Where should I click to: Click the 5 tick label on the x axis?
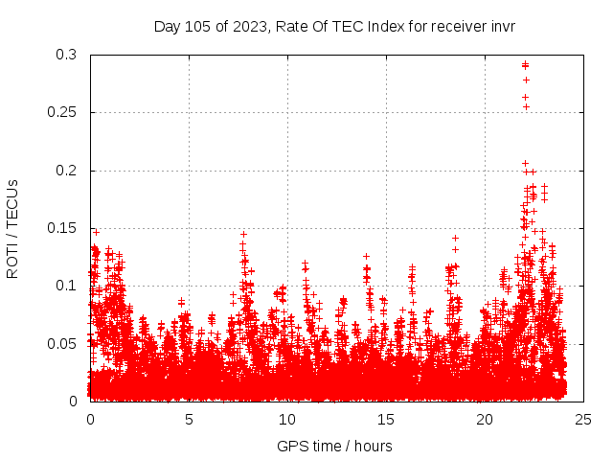tap(189, 419)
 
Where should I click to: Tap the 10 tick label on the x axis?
tap(287, 419)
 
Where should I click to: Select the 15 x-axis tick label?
tap(386, 419)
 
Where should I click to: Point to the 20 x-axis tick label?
tap(485, 419)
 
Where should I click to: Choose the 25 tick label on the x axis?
tap(583, 419)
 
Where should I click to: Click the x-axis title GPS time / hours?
tap(334, 446)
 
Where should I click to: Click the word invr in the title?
tap(503, 26)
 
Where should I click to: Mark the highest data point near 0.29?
tap(525, 65)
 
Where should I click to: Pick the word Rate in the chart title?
tap(289, 26)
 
